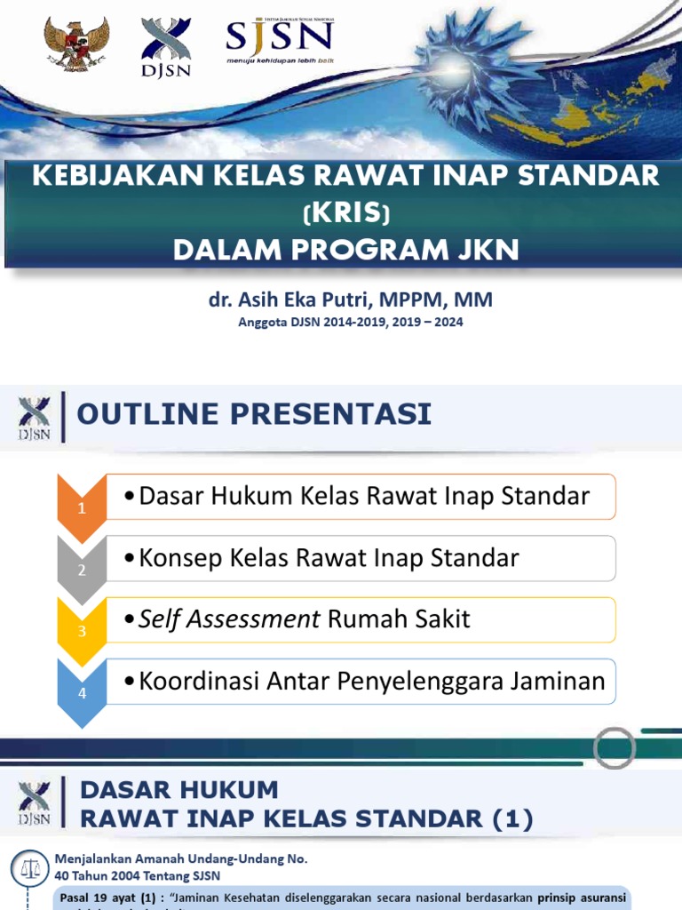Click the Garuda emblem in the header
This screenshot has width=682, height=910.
click(x=75, y=44)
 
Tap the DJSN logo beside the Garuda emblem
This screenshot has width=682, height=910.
click(x=166, y=47)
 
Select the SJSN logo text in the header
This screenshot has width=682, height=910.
click(x=279, y=38)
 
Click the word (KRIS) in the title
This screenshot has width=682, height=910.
click(x=346, y=213)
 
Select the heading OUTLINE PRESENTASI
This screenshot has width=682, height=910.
click(x=255, y=413)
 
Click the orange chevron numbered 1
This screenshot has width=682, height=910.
click(x=81, y=507)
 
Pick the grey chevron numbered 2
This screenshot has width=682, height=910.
click(x=81, y=569)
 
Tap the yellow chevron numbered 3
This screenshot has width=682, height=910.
click(x=81, y=631)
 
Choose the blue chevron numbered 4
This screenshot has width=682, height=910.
click(x=81, y=692)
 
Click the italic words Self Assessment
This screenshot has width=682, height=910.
click(x=229, y=619)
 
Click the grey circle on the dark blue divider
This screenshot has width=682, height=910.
click(x=614, y=748)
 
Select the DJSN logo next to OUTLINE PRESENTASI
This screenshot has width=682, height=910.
click(x=35, y=417)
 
